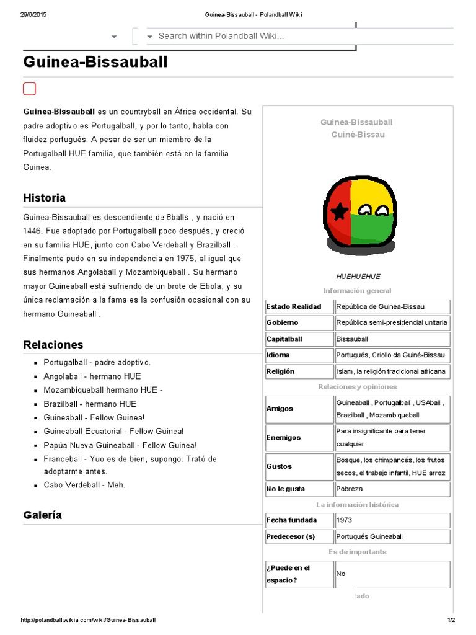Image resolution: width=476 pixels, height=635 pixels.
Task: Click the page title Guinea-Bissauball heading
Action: pos(95,62)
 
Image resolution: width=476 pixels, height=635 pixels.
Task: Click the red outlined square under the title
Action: pos(29,89)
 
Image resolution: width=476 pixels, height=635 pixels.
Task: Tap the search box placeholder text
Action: pos(221,36)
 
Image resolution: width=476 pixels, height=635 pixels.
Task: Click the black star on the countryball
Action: pos(339,213)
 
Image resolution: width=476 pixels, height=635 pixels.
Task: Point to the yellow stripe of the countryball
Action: pos(372,192)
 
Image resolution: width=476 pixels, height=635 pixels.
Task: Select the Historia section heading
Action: pos(44,198)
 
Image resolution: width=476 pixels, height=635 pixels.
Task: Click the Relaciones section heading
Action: pos(53,344)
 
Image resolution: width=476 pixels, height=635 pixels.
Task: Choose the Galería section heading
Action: pos(42,515)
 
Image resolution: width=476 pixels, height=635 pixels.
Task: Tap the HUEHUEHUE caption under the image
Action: pos(358,277)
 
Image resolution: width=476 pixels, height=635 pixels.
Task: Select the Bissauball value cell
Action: pos(352,339)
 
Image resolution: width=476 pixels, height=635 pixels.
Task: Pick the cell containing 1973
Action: pos(344,520)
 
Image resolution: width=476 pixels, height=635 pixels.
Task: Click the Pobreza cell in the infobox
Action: pos(349,489)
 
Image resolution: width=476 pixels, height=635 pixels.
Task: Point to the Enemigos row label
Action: pos(283,437)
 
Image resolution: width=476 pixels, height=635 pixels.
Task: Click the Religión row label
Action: pos(280,371)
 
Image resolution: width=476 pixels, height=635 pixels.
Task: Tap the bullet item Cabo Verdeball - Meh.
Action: pos(84,484)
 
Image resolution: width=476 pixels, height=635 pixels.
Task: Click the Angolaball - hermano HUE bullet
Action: pos(92,376)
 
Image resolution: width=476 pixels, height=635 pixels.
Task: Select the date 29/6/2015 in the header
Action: pos(33,15)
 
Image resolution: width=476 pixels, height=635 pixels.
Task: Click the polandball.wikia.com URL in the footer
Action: pos(89,620)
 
